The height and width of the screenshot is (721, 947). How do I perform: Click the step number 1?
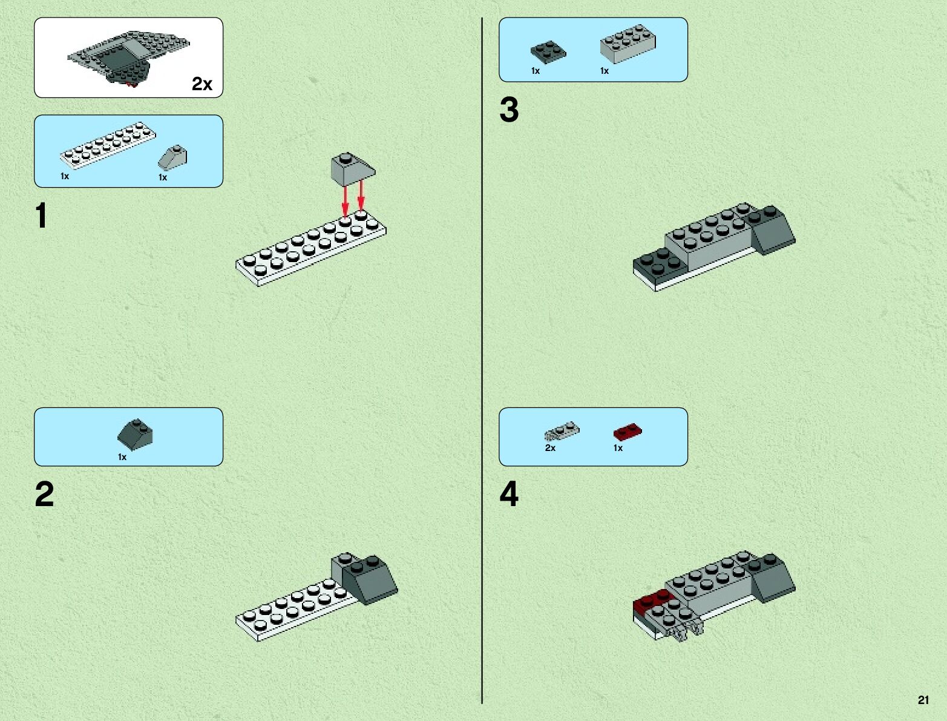(41, 216)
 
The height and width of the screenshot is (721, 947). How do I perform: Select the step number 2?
(44, 495)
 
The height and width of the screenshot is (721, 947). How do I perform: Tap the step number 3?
(509, 110)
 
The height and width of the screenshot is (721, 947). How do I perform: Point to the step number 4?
(509, 495)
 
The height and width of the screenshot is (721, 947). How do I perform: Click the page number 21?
(923, 700)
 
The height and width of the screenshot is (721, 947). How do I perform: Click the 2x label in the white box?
(202, 84)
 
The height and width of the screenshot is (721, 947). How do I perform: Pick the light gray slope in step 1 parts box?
(173, 157)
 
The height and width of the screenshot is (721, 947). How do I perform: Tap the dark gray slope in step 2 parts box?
(135, 433)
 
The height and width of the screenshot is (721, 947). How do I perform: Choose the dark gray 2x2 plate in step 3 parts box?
(548, 52)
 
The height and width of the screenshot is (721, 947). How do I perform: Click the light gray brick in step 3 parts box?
(628, 44)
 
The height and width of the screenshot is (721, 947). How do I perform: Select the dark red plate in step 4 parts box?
(628, 432)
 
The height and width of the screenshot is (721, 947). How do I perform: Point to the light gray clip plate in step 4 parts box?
(562, 431)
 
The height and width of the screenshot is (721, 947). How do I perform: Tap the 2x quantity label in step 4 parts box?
(550, 448)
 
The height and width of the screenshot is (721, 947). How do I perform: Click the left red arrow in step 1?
(345, 200)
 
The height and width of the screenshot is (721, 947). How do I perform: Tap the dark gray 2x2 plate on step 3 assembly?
(660, 265)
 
